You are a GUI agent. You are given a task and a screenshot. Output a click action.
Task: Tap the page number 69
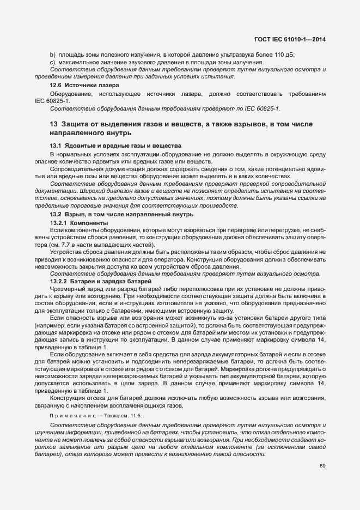322,465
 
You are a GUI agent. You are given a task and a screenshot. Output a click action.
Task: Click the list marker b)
52,56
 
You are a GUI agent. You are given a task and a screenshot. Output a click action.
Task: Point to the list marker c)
52,63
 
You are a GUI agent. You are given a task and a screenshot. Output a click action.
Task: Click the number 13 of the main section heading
54,124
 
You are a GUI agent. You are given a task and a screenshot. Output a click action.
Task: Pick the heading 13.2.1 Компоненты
74,223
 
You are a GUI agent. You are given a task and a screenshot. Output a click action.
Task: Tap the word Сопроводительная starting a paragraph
75,169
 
